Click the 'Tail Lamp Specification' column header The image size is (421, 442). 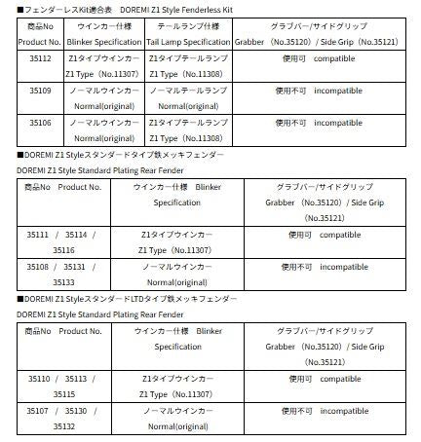[188, 42]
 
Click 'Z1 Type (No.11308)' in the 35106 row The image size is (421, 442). [188, 139]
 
